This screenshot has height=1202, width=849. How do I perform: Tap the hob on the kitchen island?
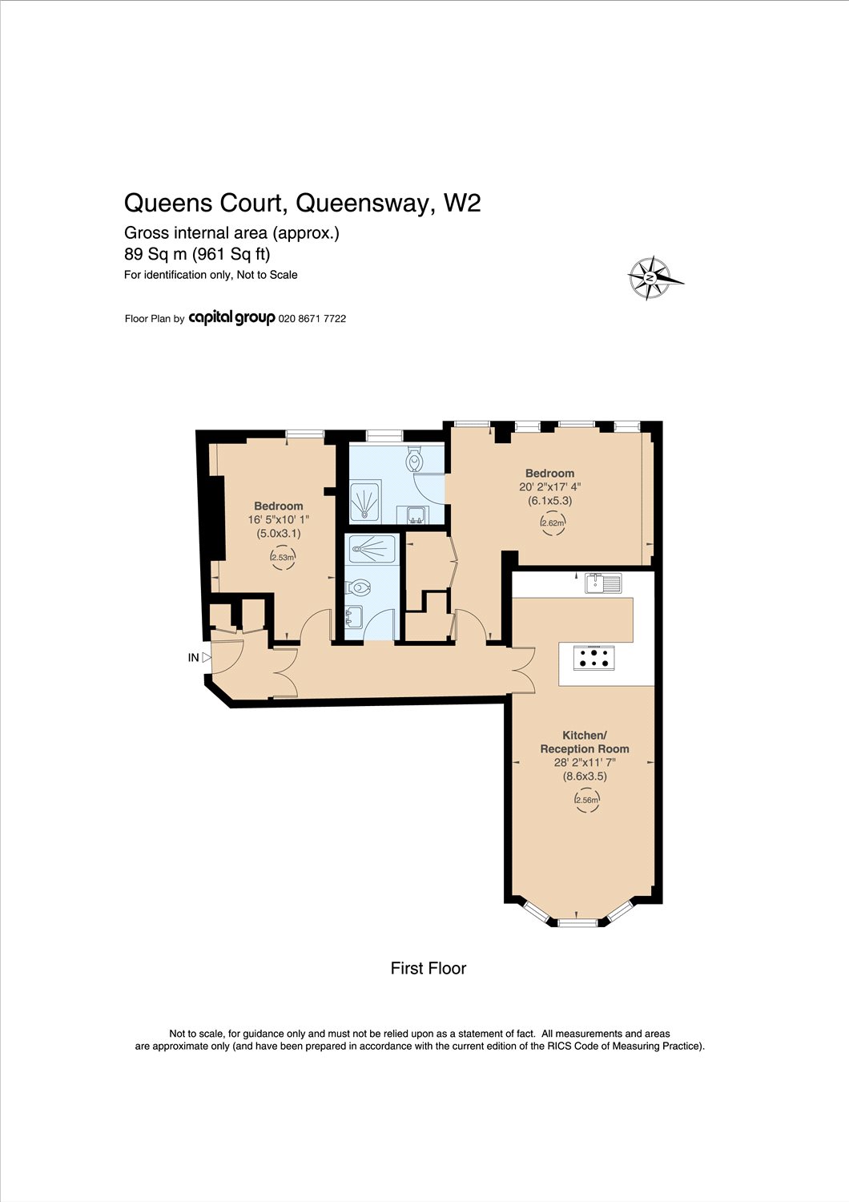tap(594, 658)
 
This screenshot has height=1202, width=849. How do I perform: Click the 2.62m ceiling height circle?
tap(553, 523)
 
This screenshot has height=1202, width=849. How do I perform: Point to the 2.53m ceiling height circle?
tap(282, 557)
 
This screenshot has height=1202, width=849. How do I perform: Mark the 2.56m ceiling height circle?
tap(586, 800)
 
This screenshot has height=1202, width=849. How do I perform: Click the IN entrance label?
tap(194, 658)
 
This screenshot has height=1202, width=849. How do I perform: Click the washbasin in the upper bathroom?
tap(413, 515)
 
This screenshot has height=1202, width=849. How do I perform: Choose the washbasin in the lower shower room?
tap(353, 616)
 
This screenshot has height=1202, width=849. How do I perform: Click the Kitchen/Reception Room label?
tap(585, 741)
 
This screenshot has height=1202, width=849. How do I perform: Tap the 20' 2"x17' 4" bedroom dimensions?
tap(549, 487)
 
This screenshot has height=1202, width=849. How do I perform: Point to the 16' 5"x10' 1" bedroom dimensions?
tap(279, 519)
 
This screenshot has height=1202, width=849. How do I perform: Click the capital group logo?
tap(231, 318)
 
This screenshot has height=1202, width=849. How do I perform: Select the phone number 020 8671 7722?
tap(312, 319)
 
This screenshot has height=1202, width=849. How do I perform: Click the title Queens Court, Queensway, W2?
tap(303, 203)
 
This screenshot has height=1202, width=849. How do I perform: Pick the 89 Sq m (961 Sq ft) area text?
tap(197, 253)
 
